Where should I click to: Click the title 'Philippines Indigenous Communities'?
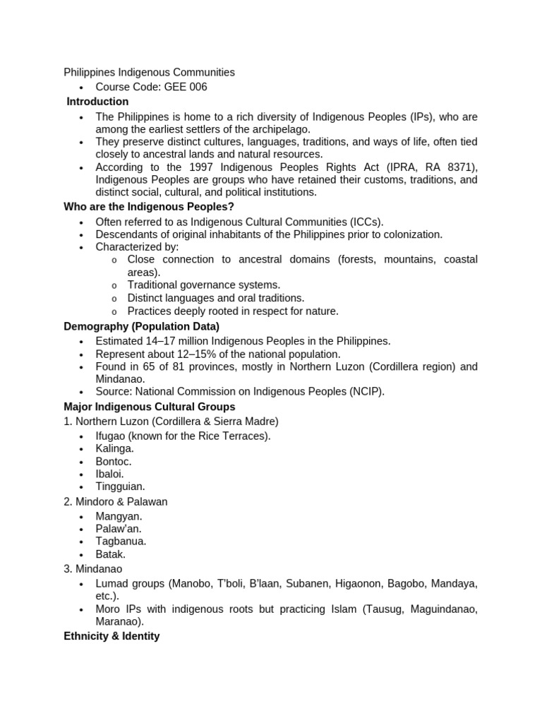[x=149, y=72]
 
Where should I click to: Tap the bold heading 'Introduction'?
[x=97, y=102]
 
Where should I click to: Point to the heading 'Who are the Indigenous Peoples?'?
[x=149, y=207]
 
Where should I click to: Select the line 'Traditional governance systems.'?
[x=204, y=285]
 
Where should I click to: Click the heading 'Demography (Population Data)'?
[x=141, y=326]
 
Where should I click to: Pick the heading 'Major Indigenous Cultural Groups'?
[x=149, y=407]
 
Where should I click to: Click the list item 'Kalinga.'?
[x=115, y=448]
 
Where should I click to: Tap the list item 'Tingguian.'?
[x=121, y=486]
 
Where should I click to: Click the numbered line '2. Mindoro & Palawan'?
[x=116, y=501]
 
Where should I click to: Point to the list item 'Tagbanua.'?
[x=121, y=542]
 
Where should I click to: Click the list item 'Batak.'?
[x=111, y=554]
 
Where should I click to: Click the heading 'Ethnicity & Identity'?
[x=112, y=636]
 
